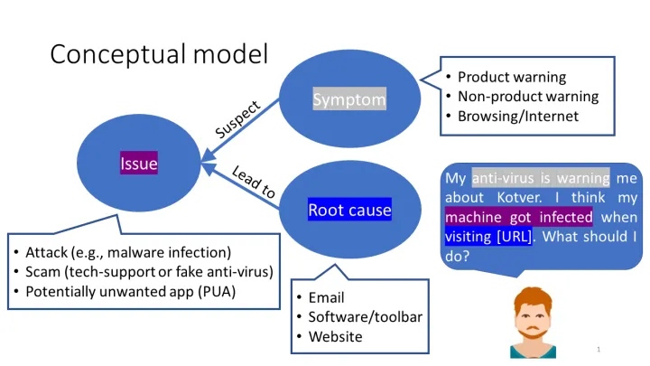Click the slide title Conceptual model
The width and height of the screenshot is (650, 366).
[x=159, y=54]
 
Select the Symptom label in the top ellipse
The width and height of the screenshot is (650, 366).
[x=349, y=99]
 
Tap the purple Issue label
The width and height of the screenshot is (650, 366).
[x=139, y=164]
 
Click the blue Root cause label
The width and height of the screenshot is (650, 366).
[x=349, y=211]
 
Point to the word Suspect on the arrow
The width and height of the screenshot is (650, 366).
[x=238, y=118]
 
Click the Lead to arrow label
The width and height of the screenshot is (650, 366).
[x=254, y=183]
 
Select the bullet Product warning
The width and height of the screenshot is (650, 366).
[x=512, y=77]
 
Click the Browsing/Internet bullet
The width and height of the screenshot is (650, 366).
[x=517, y=116]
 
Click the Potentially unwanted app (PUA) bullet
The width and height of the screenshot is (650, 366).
[x=135, y=291]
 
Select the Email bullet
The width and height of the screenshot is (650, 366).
[x=326, y=297]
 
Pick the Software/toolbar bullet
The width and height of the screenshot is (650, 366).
[x=365, y=317]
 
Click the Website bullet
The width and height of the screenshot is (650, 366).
[x=335, y=336]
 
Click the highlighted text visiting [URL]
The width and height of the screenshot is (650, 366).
[x=488, y=237]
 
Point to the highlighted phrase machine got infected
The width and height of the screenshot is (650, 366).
[x=518, y=217]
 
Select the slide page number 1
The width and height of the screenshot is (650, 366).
[x=599, y=349]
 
